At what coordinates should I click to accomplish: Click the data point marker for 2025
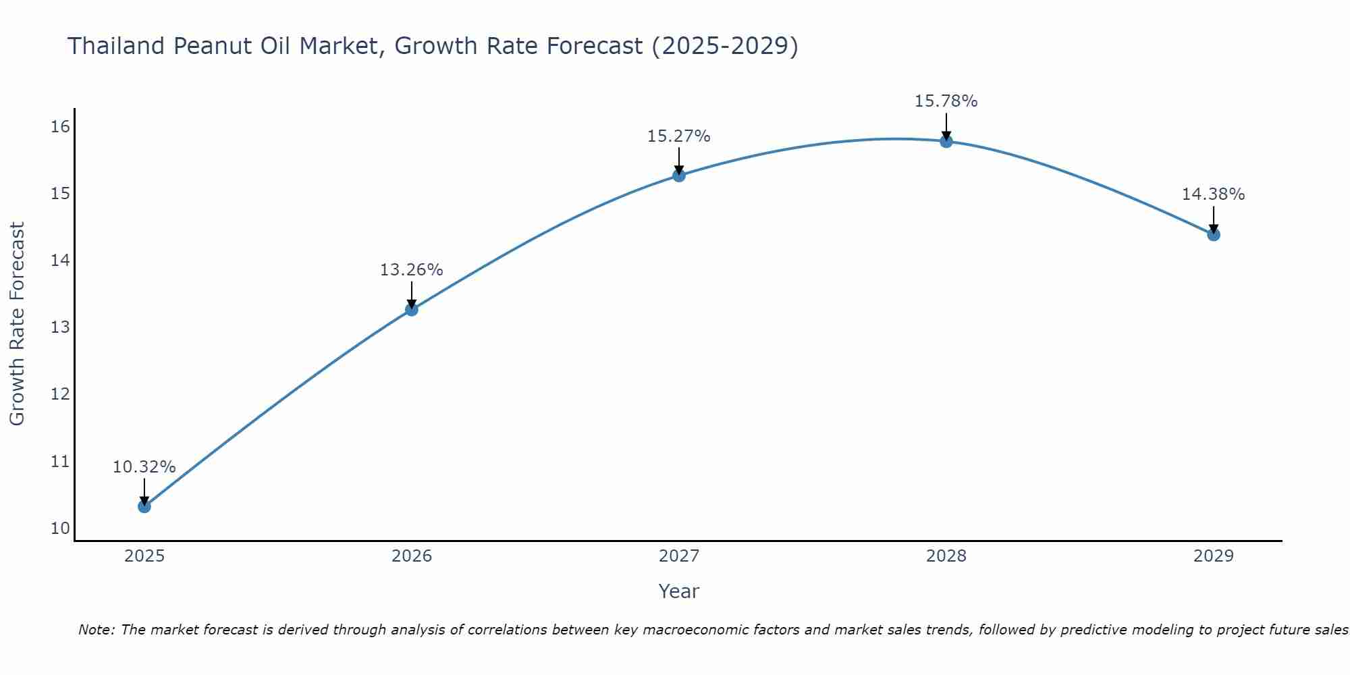point(144,506)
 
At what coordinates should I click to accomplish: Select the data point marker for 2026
point(412,310)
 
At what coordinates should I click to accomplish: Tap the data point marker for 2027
point(679,175)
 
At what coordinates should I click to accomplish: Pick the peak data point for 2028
point(946,142)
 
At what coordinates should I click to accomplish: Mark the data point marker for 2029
point(1214,235)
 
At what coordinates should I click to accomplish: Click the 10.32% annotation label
point(144,467)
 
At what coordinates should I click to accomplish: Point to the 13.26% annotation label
point(412,270)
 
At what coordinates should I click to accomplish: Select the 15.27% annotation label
point(679,136)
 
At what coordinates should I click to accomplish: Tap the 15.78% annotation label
point(946,101)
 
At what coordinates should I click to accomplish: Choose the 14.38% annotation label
point(1214,194)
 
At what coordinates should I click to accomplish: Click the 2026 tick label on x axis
point(412,556)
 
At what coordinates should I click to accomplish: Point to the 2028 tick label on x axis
point(946,556)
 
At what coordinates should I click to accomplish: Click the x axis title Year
point(679,591)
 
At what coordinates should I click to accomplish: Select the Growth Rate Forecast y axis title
point(18,324)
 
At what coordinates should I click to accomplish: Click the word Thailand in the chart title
point(116,46)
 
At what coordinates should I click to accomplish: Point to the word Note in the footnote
point(97,630)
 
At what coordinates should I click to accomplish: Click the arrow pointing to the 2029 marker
point(1214,219)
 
